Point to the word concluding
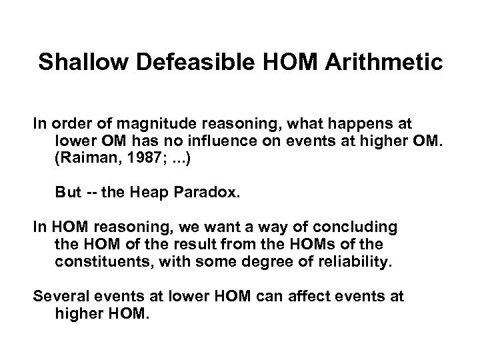pos(355,227)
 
